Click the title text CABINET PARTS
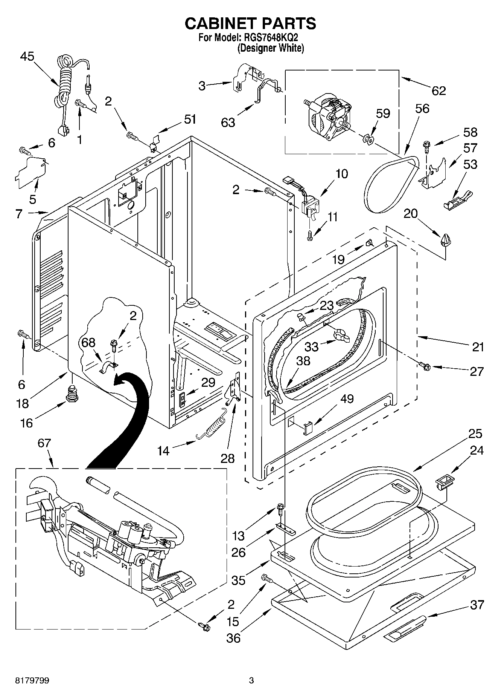point(250,23)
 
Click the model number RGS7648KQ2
point(271,38)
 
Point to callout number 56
point(422,109)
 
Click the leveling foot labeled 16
point(72,394)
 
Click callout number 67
point(44,443)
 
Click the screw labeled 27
point(425,365)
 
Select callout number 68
point(88,342)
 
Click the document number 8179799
point(32,680)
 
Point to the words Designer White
point(270,48)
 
